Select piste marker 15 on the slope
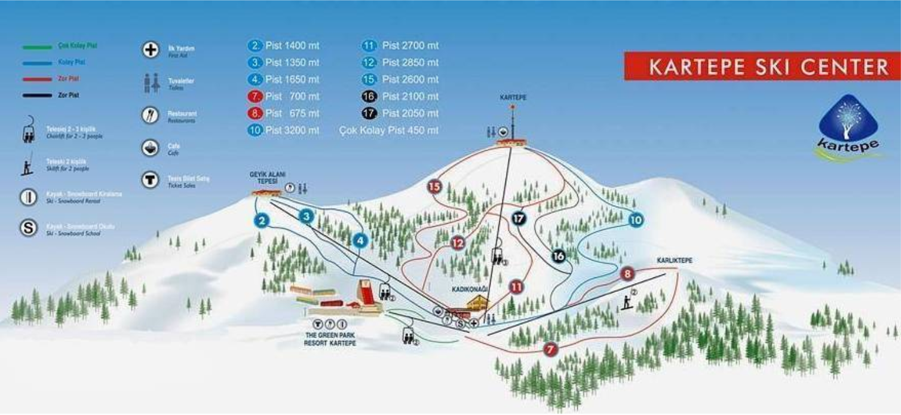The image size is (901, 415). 434,187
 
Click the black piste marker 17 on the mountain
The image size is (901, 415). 519,219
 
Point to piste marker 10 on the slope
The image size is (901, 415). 636,220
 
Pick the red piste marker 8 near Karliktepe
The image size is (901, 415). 627,274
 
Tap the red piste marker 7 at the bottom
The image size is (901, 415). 550,349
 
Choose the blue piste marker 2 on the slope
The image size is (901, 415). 261,221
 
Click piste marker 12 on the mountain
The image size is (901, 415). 458,243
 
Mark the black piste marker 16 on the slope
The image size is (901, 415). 558,256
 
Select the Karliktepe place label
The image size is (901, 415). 674,260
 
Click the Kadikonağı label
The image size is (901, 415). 470,289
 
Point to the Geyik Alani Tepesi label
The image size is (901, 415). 266,178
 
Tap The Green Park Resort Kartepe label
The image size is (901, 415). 329,339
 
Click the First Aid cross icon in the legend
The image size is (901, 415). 150,50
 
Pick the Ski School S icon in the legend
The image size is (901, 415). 28,228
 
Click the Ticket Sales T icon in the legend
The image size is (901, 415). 150,179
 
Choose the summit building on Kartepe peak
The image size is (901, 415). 512,142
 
